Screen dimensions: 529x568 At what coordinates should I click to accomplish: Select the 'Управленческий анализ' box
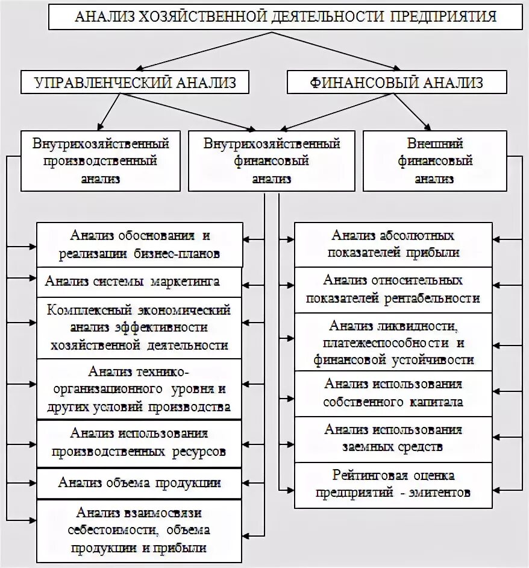pos(135,82)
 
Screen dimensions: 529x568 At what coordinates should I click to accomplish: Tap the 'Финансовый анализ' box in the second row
pos(396,82)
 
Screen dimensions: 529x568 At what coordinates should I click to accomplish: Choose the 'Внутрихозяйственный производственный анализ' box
pos(101,161)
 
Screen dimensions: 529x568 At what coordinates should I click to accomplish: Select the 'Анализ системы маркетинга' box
pos(139,282)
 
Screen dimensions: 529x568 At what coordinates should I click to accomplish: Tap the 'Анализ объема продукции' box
pos(139,483)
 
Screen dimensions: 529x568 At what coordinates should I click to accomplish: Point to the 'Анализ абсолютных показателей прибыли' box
pos(393,244)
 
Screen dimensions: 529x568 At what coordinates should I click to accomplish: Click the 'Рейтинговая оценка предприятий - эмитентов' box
pos(393,485)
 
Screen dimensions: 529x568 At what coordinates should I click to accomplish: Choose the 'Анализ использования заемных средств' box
pos(393,438)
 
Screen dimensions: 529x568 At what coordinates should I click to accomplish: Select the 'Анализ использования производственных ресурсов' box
pos(139,443)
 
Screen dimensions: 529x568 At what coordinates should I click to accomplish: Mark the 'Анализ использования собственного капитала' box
pos(393,393)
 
